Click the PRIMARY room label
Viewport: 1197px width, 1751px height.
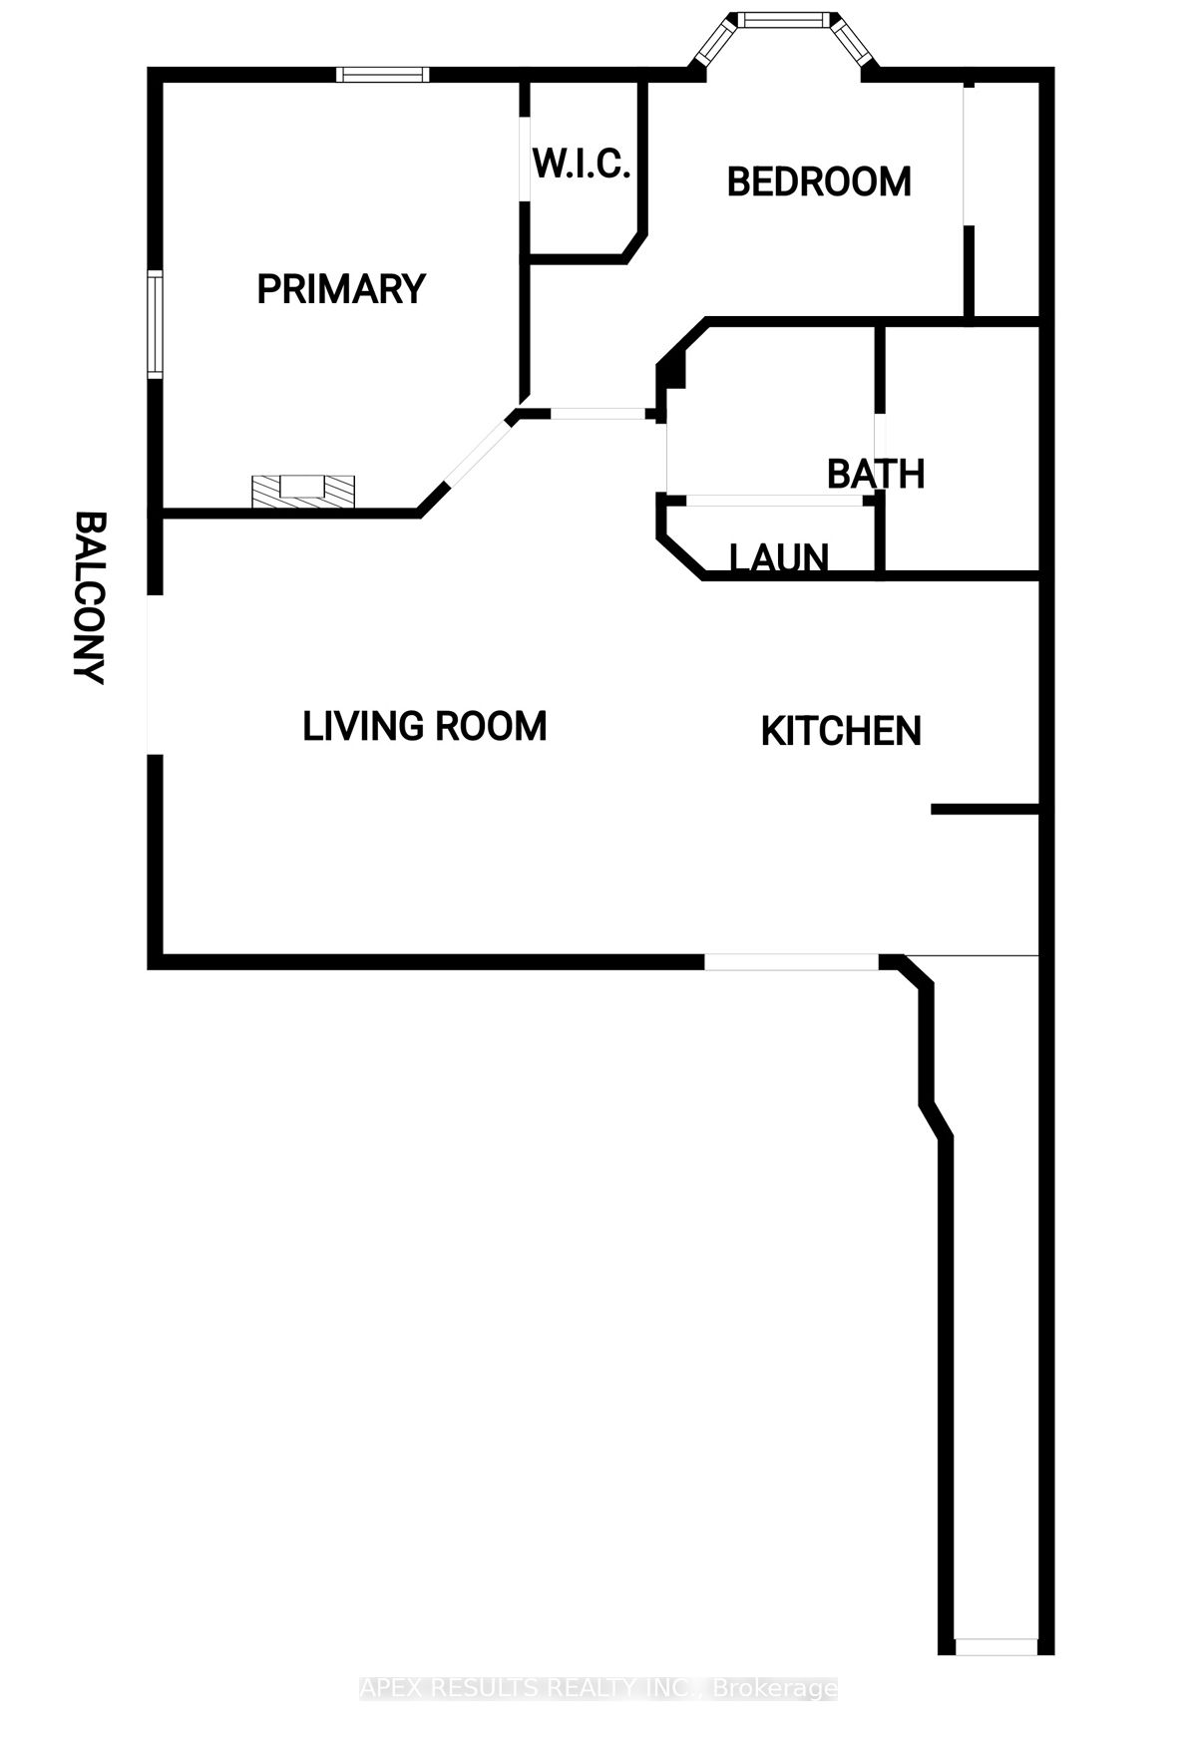point(341,289)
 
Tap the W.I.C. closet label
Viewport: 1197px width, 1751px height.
point(582,164)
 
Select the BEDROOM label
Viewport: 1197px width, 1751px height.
point(819,182)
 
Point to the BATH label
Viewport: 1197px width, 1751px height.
point(876,474)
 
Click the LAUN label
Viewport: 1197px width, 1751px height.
point(779,558)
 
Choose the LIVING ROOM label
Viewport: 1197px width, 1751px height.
point(425,726)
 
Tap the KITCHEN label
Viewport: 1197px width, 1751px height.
point(841,732)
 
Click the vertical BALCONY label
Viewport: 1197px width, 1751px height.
point(91,598)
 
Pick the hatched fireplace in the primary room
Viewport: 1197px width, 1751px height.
point(303,491)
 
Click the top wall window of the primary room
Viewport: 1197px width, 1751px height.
point(383,74)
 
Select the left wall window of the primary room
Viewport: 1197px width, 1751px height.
point(156,324)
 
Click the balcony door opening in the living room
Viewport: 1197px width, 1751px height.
point(155,675)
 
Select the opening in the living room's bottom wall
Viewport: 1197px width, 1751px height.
point(792,962)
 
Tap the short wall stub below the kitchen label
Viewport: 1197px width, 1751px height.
point(986,811)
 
